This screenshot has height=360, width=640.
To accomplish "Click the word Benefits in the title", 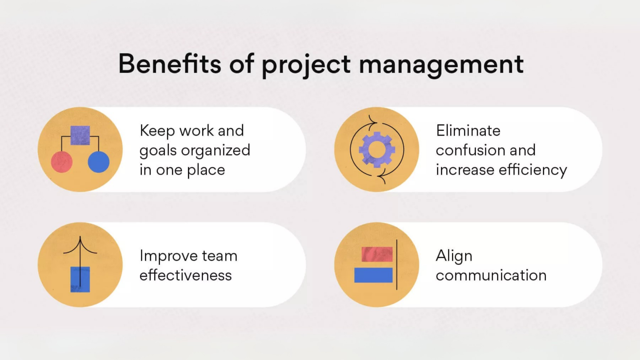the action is [x=170, y=64].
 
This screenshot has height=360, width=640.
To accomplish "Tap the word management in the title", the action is [x=441, y=66].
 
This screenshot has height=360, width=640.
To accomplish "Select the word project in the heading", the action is [x=306, y=66].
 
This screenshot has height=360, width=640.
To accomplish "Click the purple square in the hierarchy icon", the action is [x=80, y=135].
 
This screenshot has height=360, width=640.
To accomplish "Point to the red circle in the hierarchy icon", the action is [x=62, y=162].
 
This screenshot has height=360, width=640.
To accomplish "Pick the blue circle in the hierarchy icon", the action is [x=99, y=162].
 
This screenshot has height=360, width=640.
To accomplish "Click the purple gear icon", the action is [x=377, y=149].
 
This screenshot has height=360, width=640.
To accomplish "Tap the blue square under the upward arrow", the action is [x=80, y=280].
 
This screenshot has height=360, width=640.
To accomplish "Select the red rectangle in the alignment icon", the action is [x=377, y=254].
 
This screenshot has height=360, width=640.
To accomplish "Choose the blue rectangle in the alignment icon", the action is [x=373, y=275].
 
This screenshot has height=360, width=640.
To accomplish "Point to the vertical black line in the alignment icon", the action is [x=397, y=264].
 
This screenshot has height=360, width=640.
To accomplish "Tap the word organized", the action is [x=216, y=151].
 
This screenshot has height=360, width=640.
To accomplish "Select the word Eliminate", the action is [x=468, y=131].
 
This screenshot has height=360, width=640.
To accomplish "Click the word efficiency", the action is [x=533, y=171].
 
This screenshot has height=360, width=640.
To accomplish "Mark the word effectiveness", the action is [x=186, y=275].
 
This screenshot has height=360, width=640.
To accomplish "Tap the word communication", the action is [x=491, y=275].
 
